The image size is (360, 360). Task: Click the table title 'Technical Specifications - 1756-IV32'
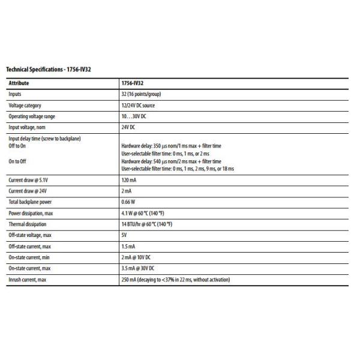(x=49, y=70)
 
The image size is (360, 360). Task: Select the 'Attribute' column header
(x=19, y=83)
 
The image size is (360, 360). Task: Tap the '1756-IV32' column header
(x=133, y=83)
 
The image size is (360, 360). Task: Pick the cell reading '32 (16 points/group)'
(x=141, y=94)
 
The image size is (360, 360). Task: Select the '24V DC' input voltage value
(x=128, y=127)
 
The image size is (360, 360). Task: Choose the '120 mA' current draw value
(x=128, y=179)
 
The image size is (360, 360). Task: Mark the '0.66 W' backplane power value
(x=128, y=202)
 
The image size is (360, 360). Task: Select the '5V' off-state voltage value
(x=124, y=235)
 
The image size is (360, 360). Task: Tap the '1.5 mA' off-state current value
(x=128, y=247)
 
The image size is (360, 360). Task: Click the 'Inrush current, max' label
(x=26, y=280)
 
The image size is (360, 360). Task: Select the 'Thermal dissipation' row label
(x=26, y=224)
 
